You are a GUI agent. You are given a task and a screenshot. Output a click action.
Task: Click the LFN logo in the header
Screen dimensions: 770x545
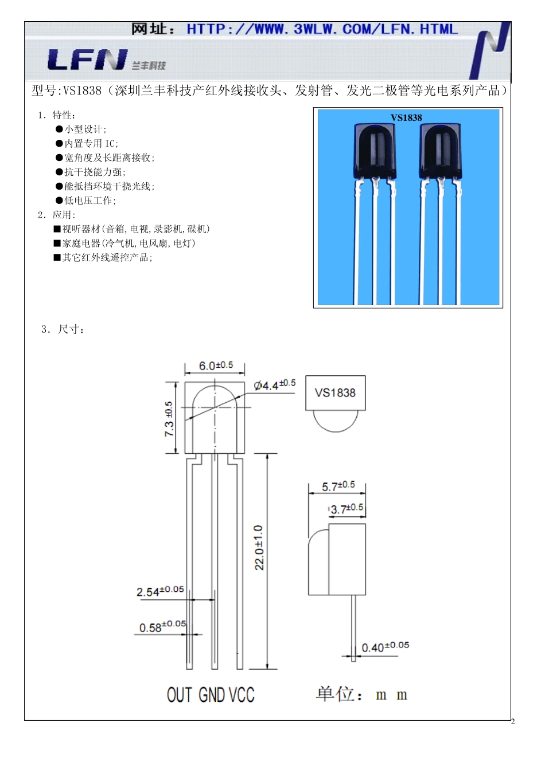(x=87, y=60)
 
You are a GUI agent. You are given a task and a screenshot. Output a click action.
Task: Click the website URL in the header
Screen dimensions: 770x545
(x=322, y=29)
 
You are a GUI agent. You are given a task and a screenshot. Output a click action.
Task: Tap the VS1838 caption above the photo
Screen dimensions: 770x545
(x=406, y=117)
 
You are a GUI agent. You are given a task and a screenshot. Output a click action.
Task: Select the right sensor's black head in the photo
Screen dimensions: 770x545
(x=441, y=151)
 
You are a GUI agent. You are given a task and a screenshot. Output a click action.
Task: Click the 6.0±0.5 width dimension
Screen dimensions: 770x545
(x=216, y=366)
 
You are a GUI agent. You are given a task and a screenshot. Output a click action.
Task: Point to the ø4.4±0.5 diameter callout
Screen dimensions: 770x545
(x=275, y=385)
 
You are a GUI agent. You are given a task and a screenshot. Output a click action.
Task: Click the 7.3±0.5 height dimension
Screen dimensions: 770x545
(x=169, y=418)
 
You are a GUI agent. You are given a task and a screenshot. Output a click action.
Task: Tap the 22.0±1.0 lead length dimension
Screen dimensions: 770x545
(x=259, y=547)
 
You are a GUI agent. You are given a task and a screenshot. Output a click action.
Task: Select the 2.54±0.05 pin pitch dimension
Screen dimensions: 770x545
(x=160, y=591)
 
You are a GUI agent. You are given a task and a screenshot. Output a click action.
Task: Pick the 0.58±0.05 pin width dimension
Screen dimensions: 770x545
(x=162, y=627)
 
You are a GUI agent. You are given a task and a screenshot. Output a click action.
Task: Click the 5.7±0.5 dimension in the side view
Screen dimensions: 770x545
(x=338, y=486)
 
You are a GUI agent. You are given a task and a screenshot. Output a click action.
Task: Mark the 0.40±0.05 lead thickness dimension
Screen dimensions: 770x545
(x=385, y=647)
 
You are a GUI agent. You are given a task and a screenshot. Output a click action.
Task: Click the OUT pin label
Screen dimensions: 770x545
(x=180, y=695)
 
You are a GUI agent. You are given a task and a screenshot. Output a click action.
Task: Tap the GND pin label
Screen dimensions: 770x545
(x=211, y=695)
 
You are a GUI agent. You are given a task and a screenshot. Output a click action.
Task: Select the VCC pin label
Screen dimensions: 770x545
(x=242, y=695)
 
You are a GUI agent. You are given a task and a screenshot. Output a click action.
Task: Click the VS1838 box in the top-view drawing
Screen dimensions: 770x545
(x=335, y=393)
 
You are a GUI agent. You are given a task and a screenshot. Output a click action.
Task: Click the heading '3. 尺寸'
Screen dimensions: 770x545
(x=63, y=329)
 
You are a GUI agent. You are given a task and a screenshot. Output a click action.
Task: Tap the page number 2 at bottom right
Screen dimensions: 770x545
(x=512, y=721)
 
